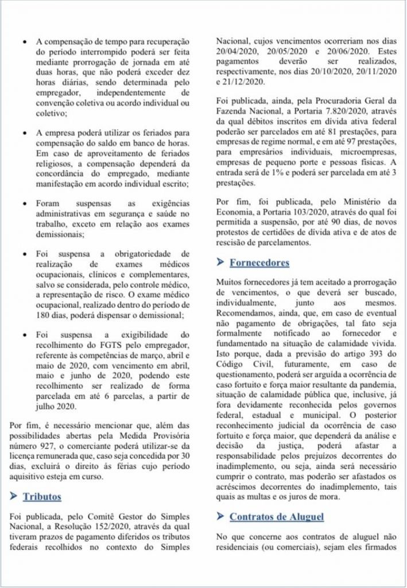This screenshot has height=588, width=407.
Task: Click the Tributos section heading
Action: pyautogui.click(x=42, y=496)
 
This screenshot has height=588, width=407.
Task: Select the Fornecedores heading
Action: pyautogui.click(x=259, y=263)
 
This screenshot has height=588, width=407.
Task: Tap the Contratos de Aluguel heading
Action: pyautogui.click(x=276, y=517)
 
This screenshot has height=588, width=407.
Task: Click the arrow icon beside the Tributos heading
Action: pyautogui.click(x=14, y=496)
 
